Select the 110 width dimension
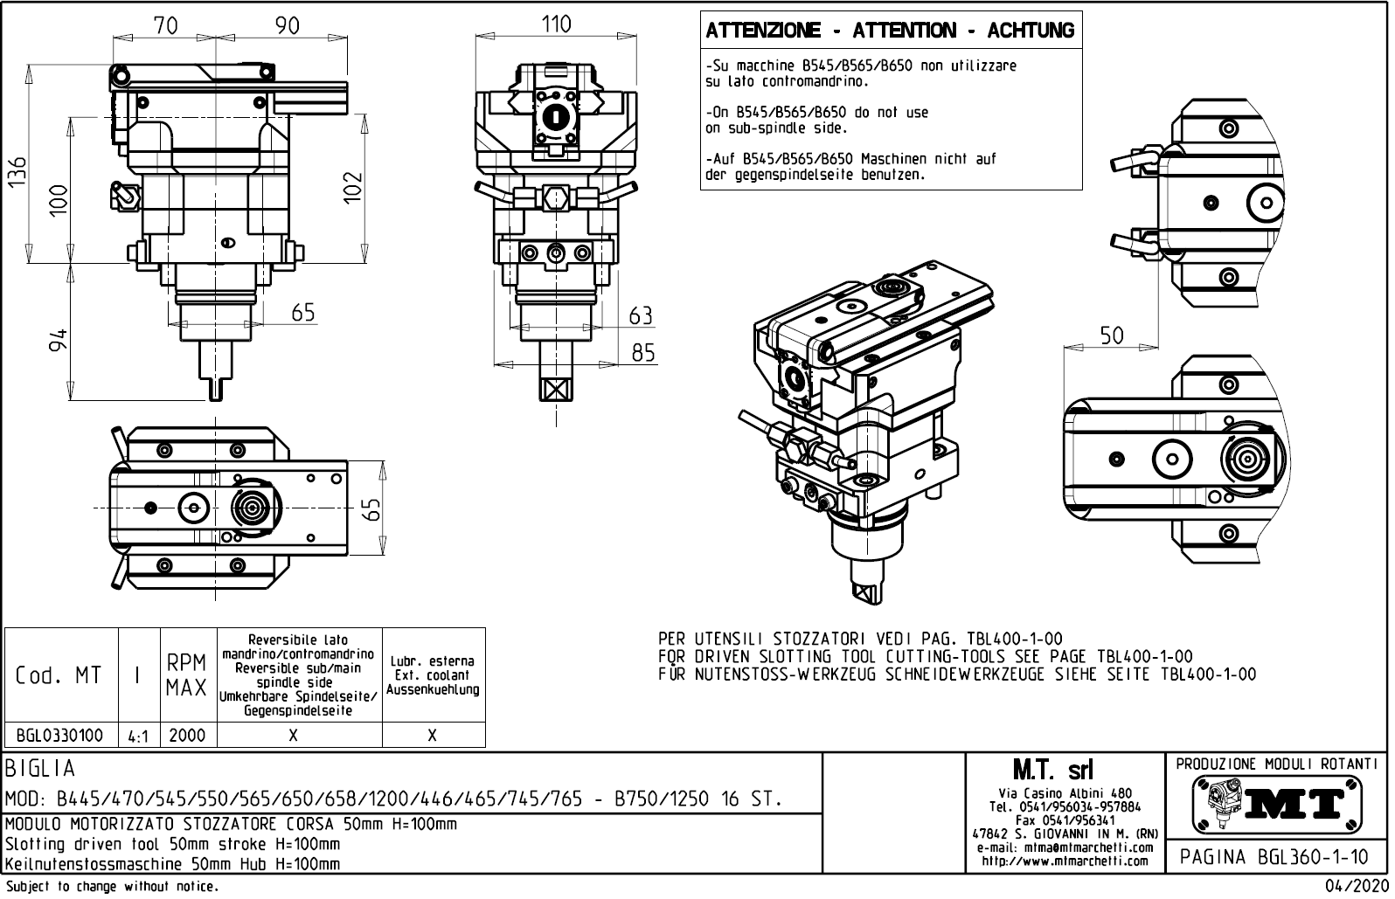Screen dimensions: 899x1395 tap(556, 24)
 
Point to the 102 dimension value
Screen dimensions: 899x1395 tap(352, 186)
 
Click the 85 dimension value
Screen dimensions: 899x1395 tap(642, 352)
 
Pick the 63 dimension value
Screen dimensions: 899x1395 tap(641, 315)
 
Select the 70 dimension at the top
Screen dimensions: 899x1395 tap(165, 26)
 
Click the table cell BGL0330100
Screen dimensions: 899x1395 tap(60, 736)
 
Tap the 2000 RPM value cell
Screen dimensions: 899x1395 tap(187, 736)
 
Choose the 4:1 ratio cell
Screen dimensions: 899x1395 tap(137, 736)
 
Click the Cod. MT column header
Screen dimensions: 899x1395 tap(59, 675)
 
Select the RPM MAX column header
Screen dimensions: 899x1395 tap(187, 675)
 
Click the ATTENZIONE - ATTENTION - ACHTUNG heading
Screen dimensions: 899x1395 tap(890, 31)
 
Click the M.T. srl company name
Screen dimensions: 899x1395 tap(1052, 771)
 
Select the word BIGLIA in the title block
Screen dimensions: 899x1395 tap(40, 769)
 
